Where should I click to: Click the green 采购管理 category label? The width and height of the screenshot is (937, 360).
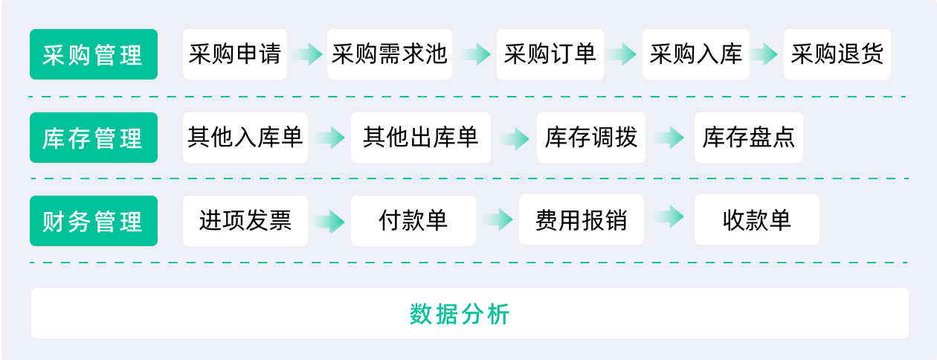click(94, 54)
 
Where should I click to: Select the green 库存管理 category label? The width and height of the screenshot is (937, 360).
click(94, 138)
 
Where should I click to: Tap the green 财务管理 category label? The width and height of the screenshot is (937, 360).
click(94, 221)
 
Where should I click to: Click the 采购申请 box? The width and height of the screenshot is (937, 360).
click(235, 54)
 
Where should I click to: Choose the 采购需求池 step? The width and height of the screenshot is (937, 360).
click(390, 54)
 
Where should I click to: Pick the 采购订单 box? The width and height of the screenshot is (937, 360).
click(550, 54)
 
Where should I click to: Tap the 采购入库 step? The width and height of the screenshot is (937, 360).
click(695, 54)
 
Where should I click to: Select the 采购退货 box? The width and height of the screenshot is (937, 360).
click(837, 54)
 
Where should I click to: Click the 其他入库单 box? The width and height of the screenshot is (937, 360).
click(245, 138)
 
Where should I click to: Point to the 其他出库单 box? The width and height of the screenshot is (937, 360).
click(421, 138)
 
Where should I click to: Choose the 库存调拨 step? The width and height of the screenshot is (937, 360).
click(591, 138)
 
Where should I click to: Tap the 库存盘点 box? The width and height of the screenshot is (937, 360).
click(749, 138)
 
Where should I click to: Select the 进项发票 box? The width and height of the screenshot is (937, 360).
click(245, 221)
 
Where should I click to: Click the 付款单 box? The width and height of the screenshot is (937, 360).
click(413, 221)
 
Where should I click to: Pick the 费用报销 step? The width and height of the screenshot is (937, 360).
click(582, 219)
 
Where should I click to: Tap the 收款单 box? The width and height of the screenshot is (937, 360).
click(757, 219)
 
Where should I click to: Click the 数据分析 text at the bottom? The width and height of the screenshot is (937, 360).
click(460, 314)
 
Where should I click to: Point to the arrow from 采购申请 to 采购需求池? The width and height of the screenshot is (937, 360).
click(307, 54)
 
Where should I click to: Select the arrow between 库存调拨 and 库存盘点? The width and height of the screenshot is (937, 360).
click(669, 138)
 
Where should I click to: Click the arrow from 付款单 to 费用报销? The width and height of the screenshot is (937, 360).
click(498, 219)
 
